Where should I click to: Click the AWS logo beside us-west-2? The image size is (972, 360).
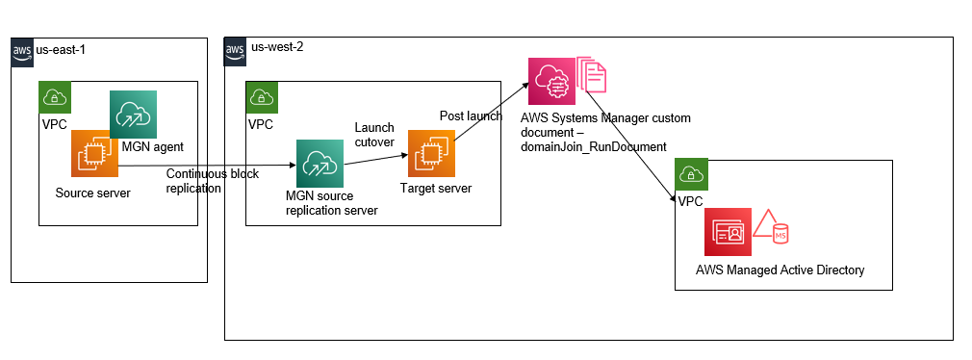pyautogui.click(x=236, y=49)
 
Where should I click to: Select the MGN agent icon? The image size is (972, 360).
pyautogui.click(x=133, y=114)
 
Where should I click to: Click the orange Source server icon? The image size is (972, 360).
pyautogui.click(x=94, y=154)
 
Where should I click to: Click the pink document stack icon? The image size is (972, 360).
pyautogui.click(x=591, y=80)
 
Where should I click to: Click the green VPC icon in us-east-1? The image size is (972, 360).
pyautogui.click(x=55, y=97)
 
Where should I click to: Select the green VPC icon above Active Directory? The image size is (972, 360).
pyautogui.click(x=691, y=174)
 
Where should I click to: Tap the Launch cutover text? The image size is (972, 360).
pyautogui.click(x=374, y=135)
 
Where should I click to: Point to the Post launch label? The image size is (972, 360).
pyautogui.click(x=471, y=116)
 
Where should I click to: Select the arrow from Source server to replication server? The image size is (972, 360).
pyautogui.click(x=207, y=165)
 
